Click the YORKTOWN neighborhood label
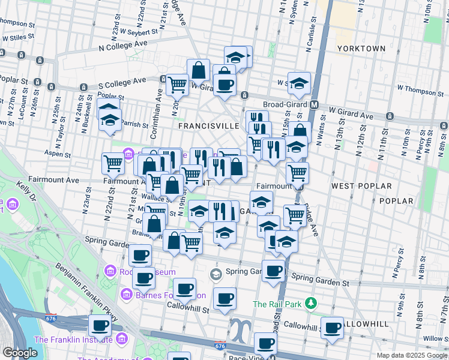(x=361, y=48)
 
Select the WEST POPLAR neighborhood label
(x=356, y=187)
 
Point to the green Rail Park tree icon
(x=311, y=304)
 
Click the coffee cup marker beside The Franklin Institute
(x=100, y=326)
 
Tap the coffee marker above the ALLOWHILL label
(x=332, y=328)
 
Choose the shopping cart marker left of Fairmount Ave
(x=113, y=163)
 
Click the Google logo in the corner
(x=20, y=353)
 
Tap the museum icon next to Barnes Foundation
(x=127, y=295)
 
